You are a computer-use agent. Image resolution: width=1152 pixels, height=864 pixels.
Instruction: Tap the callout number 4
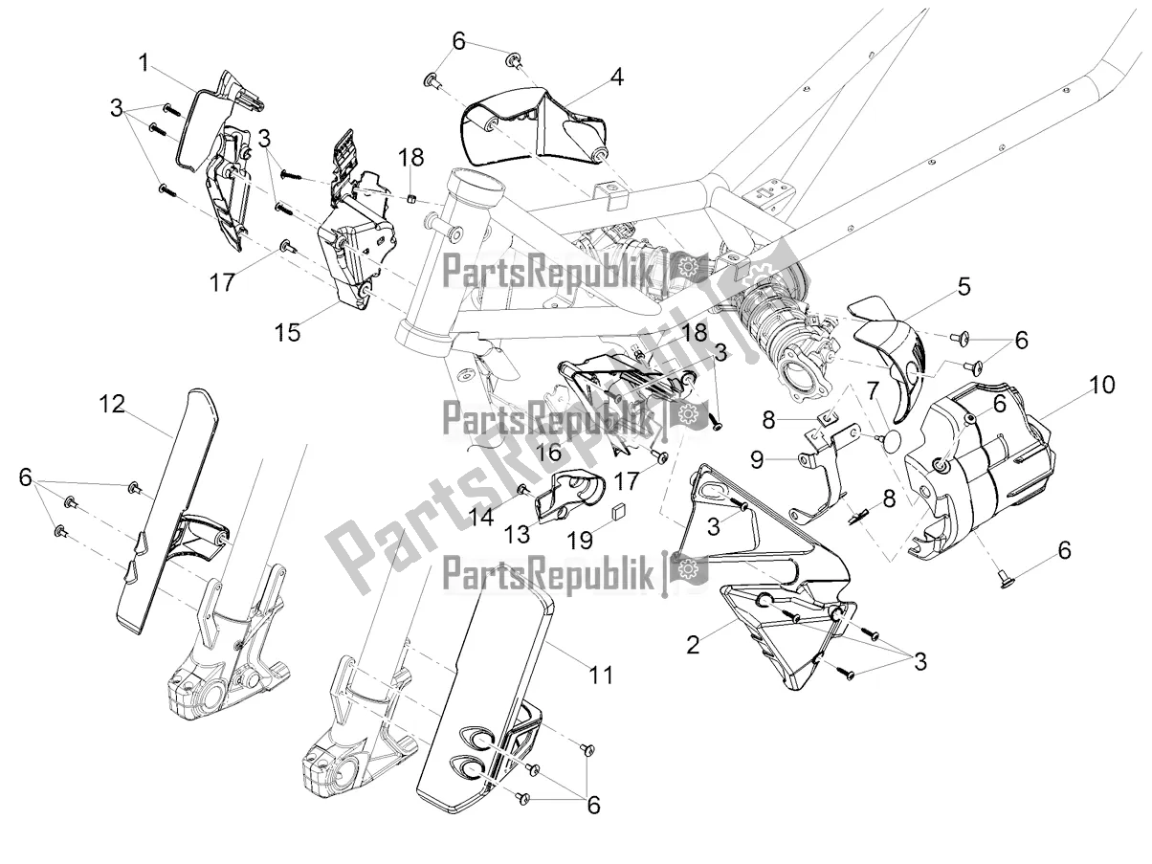point(617,76)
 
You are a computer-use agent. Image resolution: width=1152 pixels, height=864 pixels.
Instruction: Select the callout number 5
point(963,285)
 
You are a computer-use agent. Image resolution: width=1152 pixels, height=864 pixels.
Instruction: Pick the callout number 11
point(599,675)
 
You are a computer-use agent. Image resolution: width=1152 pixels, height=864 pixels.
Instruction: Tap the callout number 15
point(287,332)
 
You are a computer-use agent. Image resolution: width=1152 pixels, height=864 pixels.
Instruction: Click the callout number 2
point(693,644)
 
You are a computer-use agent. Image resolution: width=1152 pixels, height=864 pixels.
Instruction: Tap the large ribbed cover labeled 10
point(986,478)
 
